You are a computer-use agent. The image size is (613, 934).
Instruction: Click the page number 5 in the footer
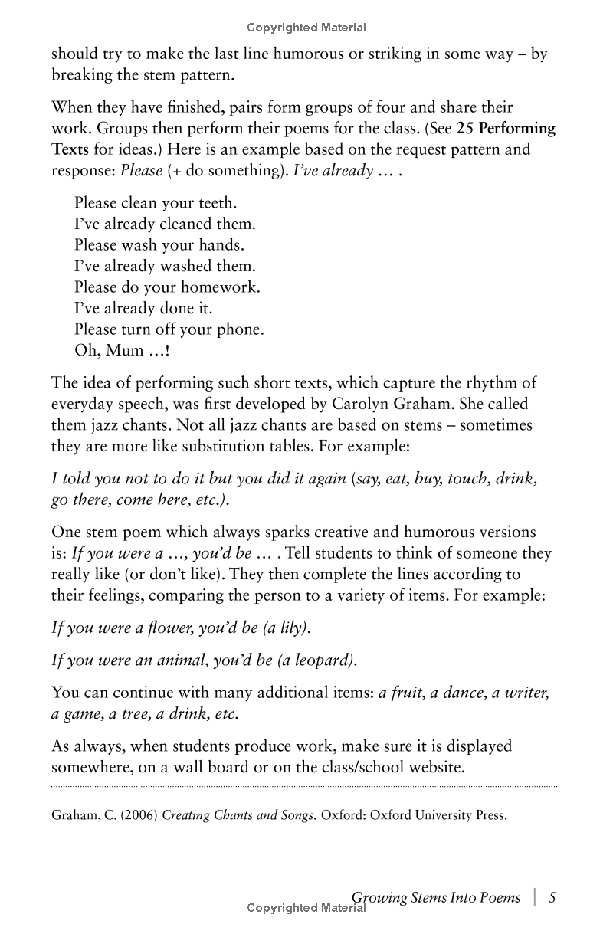click(552, 898)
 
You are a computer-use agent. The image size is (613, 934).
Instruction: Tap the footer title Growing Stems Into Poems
click(435, 898)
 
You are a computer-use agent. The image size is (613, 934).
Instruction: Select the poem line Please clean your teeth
click(156, 203)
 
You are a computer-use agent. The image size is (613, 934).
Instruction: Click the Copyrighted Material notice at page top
click(306, 28)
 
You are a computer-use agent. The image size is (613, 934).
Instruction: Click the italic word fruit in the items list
click(409, 693)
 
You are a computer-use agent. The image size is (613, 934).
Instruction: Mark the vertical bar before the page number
click(534, 898)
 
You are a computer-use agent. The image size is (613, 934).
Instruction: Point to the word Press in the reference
click(490, 815)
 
